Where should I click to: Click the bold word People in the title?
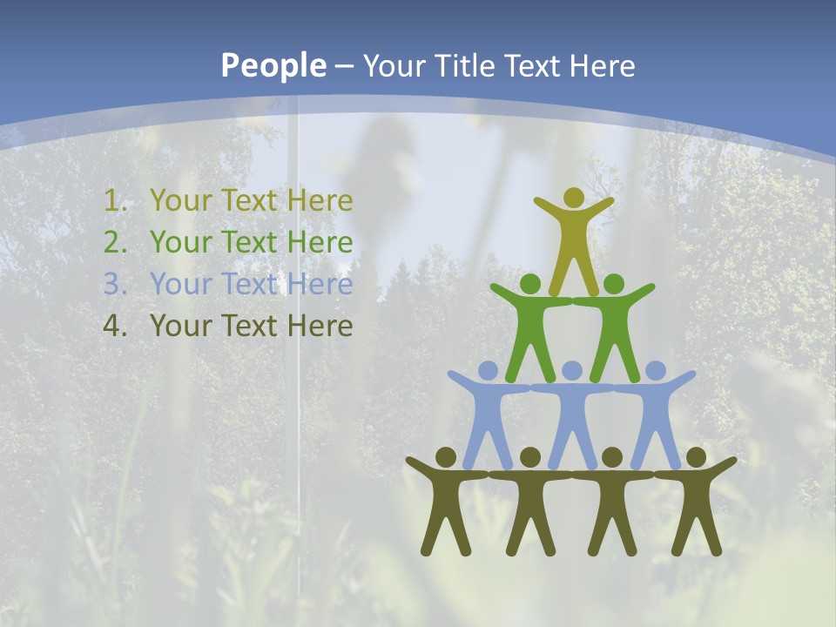click(273, 66)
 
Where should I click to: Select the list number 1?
click(114, 201)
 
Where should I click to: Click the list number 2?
click(114, 242)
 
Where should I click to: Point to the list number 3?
click(114, 284)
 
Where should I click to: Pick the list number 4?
click(114, 326)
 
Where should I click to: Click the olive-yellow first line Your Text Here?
click(251, 201)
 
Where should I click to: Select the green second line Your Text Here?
click(251, 242)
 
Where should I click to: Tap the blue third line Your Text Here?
click(251, 284)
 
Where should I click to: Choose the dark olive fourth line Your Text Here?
click(251, 326)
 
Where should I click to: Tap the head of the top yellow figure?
click(573, 199)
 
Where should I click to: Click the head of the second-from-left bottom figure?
click(530, 457)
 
